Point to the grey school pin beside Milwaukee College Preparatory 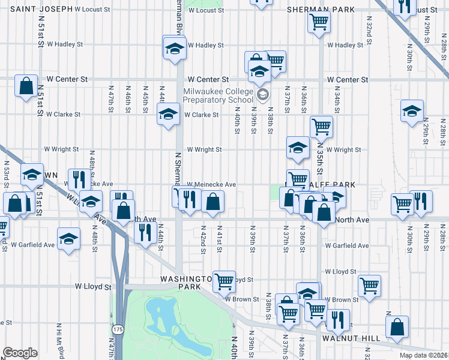pyautogui.click(x=262, y=95)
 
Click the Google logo pyautogui.click(x=19, y=353)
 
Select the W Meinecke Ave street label pyautogui.click(x=211, y=185)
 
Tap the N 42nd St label pyautogui.click(x=203, y=238)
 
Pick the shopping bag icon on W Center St pyautogui.click(x=26, y=86)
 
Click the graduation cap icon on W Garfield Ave pyautogui.click(x=69, y=238)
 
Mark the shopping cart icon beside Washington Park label pyautogui.click(x=224, y=280)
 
